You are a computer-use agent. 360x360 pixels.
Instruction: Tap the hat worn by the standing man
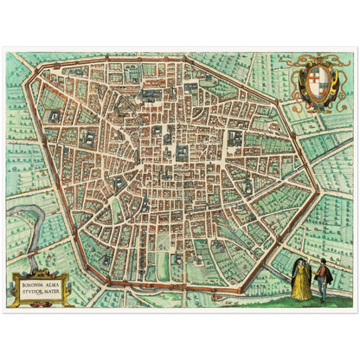coord(321,261)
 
